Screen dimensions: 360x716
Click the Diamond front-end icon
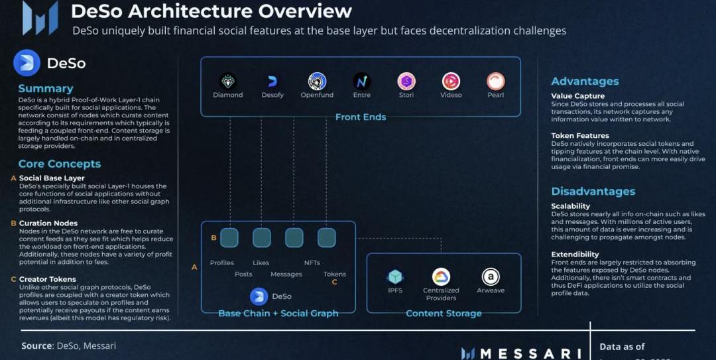[x=228, y=82]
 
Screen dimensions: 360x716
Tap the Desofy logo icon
[x=272, y=82]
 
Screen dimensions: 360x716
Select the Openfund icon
[x=317, y=82]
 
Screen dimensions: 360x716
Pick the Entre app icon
[x=361, y=82]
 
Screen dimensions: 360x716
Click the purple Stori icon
[x=406, y=82]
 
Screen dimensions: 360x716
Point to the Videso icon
[x=451, y=82]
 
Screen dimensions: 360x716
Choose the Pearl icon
[x=495, y=82]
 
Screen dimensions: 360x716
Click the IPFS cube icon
[x=396, y=276]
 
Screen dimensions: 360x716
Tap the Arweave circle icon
[x=491, y=276]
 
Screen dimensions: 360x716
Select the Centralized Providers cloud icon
[x=441, y=276]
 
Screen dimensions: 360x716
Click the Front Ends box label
[x=361, y=117]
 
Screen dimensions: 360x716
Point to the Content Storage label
[x=444, y=313]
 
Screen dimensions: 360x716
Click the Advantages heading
[x=585, y=82]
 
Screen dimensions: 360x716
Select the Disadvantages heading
[x=593, y=192]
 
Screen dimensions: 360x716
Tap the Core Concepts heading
[x=60, y=164]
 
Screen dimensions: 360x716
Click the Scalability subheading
[x=570, y=206]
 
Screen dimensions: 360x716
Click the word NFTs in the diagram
[x=312, y=263]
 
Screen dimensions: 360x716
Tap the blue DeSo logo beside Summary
[x=27, y=63]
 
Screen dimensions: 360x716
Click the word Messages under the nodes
[x=286, y=274]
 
